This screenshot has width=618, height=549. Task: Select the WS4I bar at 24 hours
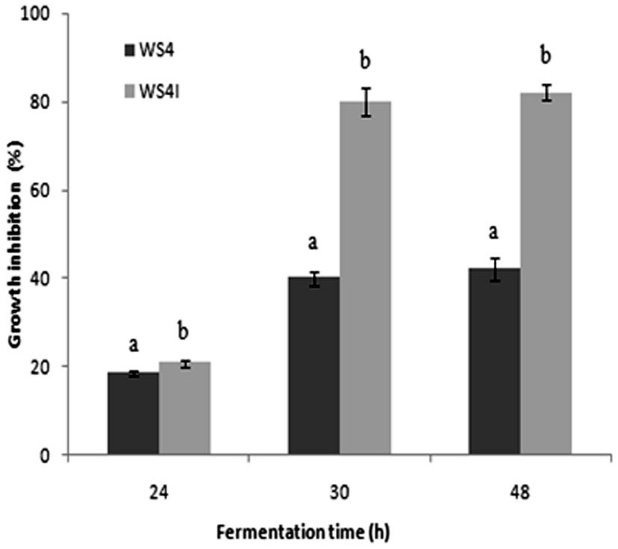click(x=184, y=408)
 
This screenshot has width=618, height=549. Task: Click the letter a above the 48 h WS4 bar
click(x=494, y=233)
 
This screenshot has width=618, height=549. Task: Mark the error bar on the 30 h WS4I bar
click(x=366, y=102)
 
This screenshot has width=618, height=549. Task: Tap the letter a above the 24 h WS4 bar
click(x=133, y=345)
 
